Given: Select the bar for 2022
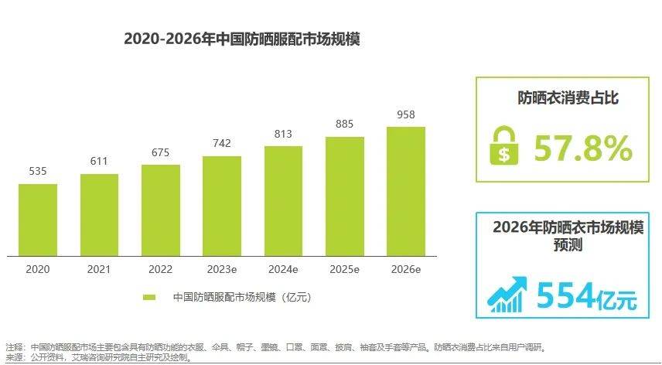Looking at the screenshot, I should tap(160, 210).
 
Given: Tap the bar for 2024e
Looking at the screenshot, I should tap(283, 200).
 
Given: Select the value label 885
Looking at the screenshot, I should tap(344, 125).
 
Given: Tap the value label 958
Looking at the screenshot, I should tap(405, 114).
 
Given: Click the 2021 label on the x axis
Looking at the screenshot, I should tap(99, 269).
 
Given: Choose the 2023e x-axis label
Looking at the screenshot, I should tap(222, 269).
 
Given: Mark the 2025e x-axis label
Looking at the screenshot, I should tap(344, 269).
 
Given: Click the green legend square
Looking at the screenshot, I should tap(149, 297).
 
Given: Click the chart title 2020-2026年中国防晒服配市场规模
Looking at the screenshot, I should tap(241, 39).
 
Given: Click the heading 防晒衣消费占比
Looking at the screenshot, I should tap(568, 98).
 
